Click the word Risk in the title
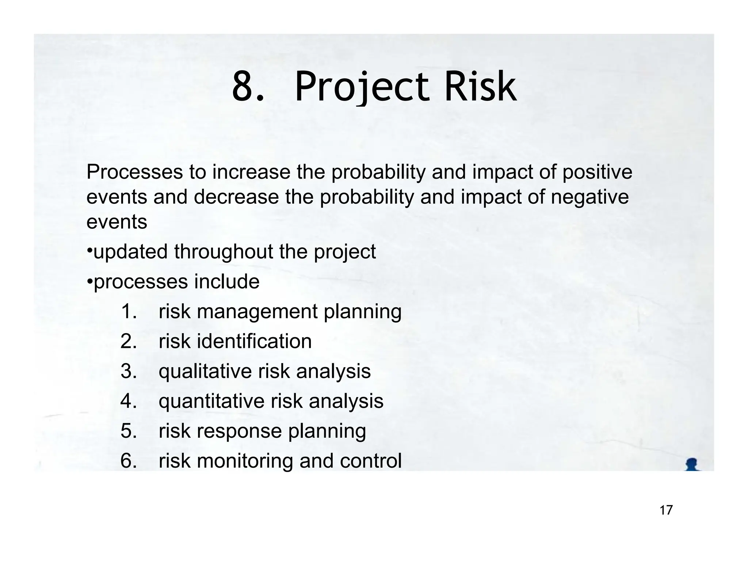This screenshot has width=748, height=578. [480, 87]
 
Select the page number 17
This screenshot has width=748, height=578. [666, 510]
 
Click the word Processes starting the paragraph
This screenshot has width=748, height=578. [134, 172]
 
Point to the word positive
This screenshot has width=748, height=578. [597, 172]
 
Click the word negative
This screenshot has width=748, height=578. [589, 197]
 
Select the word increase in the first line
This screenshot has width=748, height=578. [251, 172]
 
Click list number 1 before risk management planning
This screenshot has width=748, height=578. [128, 312]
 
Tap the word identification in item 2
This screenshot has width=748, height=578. [254, 341]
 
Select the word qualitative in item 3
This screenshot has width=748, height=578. [205, 372]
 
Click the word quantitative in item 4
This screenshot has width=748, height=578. [211, 401]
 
